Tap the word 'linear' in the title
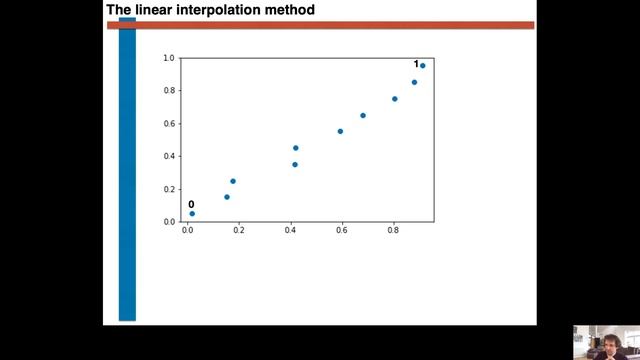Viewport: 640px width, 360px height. [x=151, y=10]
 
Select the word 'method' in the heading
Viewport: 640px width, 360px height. [x=287, y=10]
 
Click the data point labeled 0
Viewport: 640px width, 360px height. [x=192, y=213]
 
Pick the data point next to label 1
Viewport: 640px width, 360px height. [x=423, y=66]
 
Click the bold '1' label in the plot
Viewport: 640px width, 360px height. [x=416, y=64]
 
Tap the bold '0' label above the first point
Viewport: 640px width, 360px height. [x=191, y=204]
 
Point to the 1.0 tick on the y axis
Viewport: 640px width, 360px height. [x=169, y=58]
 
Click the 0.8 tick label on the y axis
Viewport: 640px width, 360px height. [x=169, y=90]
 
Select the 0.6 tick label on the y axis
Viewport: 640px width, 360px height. [x=169, y=123]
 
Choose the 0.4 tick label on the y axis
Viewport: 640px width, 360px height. [x=169, y=156]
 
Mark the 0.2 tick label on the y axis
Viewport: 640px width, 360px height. [x=169, y=189]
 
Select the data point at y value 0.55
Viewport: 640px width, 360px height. [x=340, y=131]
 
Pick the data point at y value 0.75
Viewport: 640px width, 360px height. [x=395, y=99]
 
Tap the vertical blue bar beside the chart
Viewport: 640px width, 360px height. [x=127, y=170]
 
